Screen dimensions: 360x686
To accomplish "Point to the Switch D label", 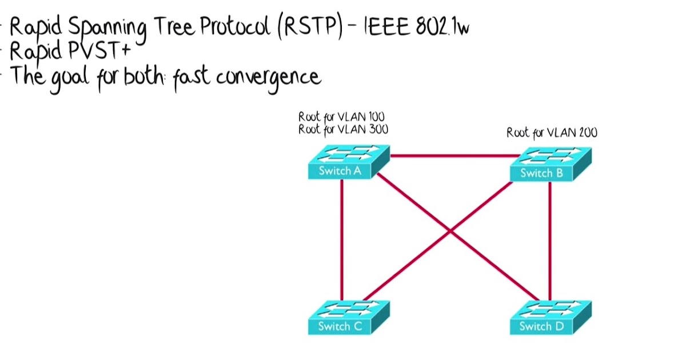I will [536, 327].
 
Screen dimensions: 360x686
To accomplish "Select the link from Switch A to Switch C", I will [341, 240].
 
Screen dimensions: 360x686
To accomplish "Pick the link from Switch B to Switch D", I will [550, 240].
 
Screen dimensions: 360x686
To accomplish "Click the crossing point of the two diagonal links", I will [450, 231].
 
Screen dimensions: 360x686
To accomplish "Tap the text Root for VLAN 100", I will [341, 118].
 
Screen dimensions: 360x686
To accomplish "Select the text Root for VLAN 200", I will [552, 133].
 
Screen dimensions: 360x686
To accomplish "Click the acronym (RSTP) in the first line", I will [309, 27].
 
